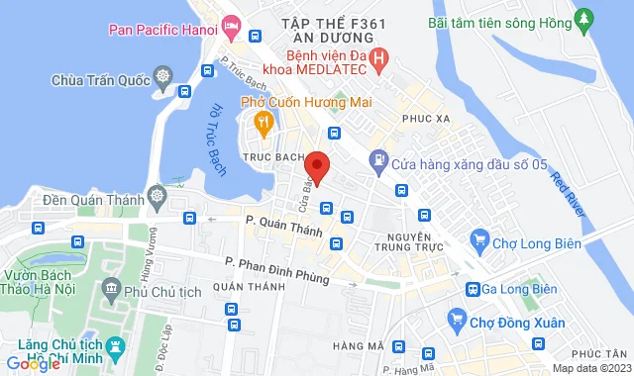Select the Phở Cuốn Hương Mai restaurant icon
tap(263, 124)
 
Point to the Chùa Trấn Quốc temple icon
tap(160, 76)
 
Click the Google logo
tap(33, 364)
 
